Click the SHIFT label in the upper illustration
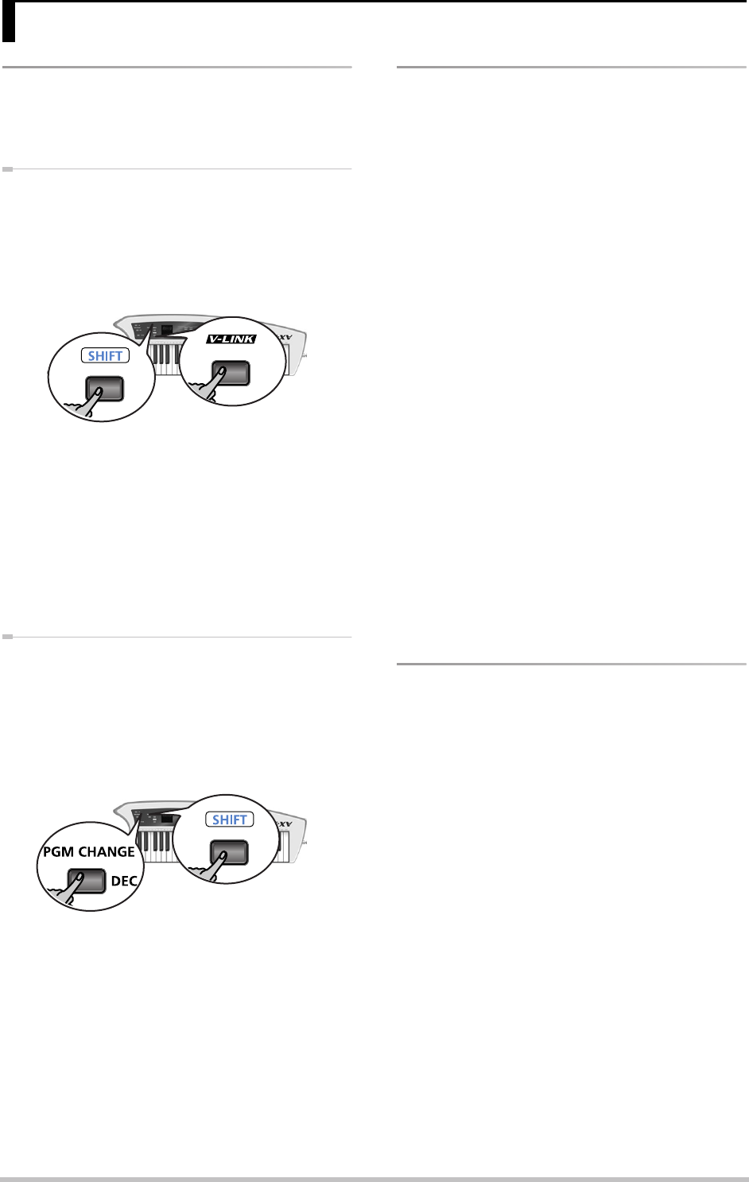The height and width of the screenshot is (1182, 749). tap(105, 356)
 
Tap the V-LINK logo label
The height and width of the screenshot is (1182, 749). tap(231, 339)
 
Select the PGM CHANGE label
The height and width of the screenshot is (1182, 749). tap(88, 851)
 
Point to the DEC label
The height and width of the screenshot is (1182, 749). tap(123, 882)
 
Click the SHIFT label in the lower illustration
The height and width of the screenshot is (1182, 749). tap(230, 820)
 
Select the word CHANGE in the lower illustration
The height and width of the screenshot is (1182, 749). tap(106, 851)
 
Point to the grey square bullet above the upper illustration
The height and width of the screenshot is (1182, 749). tap(6, 169)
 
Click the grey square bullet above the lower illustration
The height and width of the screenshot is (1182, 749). tap(6, 637)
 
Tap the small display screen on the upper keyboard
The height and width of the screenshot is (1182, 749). tap(166, 328)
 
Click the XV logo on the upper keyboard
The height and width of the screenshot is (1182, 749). tap(287, 338)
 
